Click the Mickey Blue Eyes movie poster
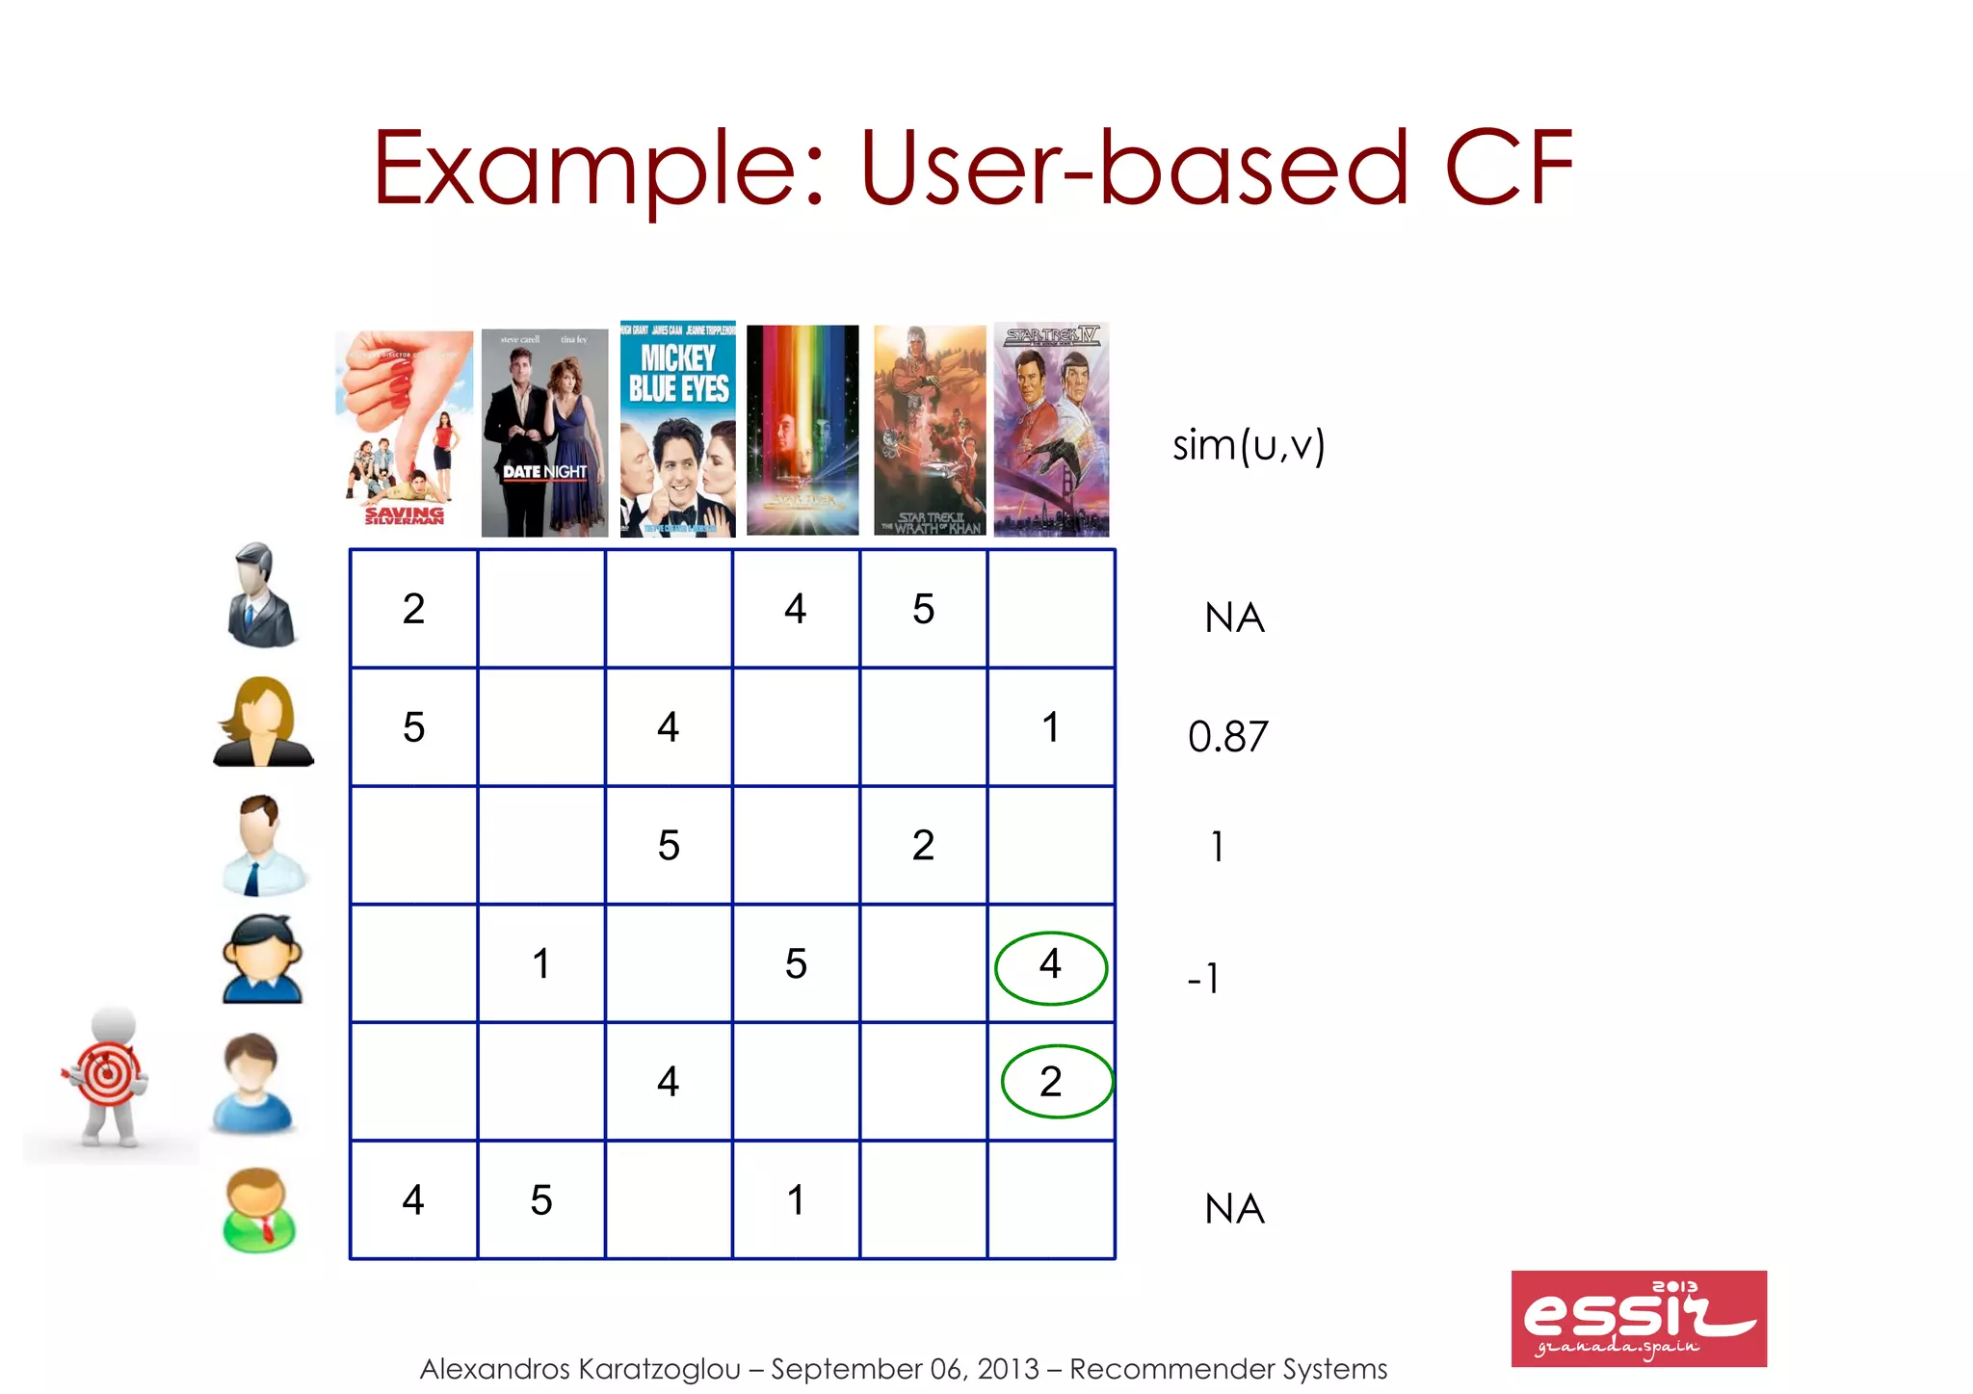(x=677, y=429)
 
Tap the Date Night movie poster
(x=544, y=433)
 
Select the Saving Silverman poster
(x=405, y=429)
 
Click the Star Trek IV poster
(x=1051, y=429)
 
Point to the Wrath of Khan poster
(x=930, y=430)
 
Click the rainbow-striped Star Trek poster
(x=802, y=430)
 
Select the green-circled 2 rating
(x=1056, y=1082)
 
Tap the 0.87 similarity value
(x=1227, y=737)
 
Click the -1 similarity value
(x=1204, y=979)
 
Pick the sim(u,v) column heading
(x=1249, y=446)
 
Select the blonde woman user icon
(x=262, y=723)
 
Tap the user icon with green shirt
(x=258, y=1210)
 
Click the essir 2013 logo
(x=1638, y=1318)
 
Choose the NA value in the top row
(x=1234, y=618)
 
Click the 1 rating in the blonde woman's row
(x=1051, y=727)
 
